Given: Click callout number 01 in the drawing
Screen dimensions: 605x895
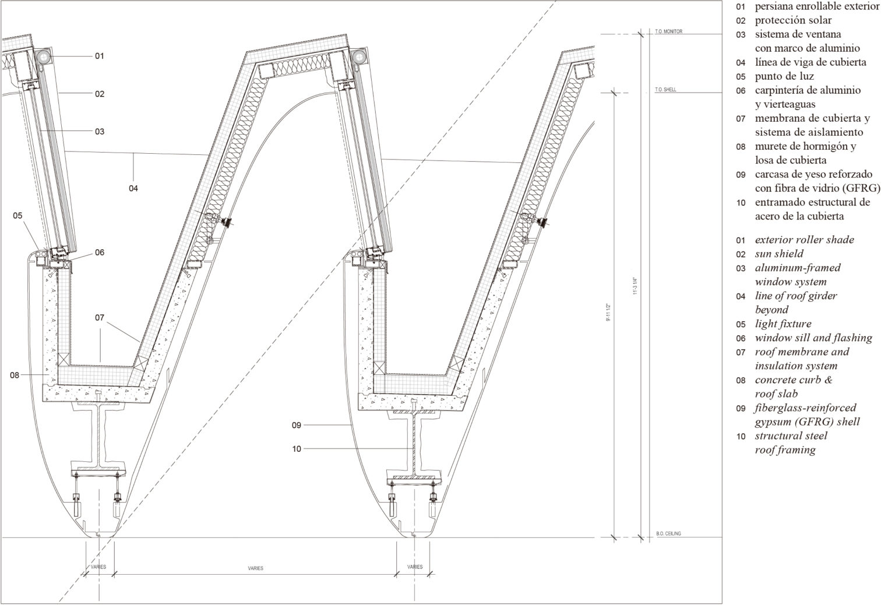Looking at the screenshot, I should tap(99, 56).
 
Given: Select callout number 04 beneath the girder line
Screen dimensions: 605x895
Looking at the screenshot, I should tap(133, 188).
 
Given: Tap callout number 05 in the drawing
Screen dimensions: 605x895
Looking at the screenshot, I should tap(17, 215).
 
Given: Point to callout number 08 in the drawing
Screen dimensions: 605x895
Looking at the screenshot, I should tap(15, 376).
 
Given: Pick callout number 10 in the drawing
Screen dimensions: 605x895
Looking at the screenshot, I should tap(297, 449).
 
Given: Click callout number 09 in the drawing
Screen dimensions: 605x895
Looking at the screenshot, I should tap(297, 426).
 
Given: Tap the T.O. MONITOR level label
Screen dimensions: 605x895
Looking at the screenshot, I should tap(668, 31).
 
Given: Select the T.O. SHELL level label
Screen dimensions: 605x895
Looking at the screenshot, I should tap(665, 90).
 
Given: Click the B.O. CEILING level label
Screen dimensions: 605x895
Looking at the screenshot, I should tap(668, 534).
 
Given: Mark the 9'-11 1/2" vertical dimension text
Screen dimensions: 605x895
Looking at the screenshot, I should tap(608, 312).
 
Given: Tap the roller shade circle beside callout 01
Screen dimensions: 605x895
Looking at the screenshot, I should tap(44, 57).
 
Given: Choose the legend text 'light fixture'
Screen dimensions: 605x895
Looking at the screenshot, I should tap(783, 324).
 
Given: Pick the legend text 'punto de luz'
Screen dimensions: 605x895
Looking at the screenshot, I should tap(784, 76).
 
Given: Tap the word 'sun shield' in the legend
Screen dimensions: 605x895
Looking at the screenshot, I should tap(779, 254).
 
